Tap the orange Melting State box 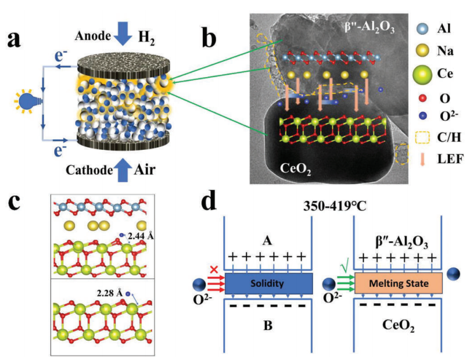[x=398, y=283]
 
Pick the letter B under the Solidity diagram [x=267, y=325]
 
